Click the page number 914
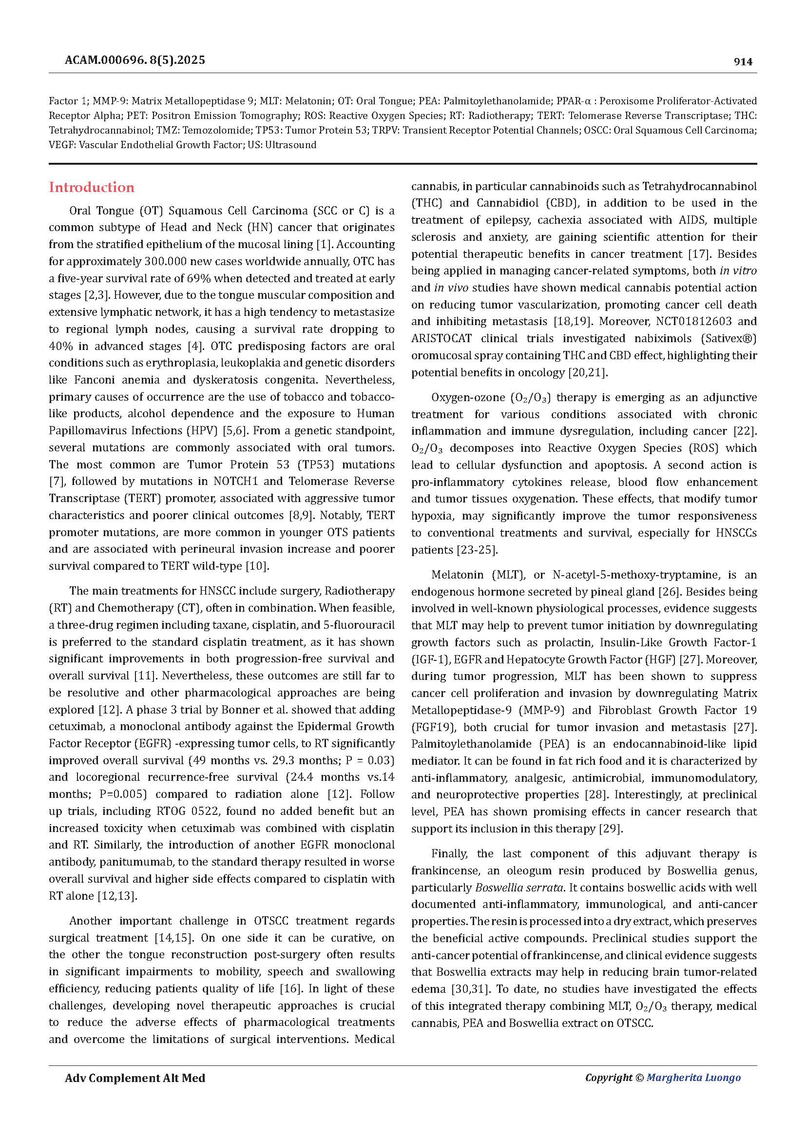(743, 61)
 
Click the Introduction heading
(91, 187)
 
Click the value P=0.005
(124, 794)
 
